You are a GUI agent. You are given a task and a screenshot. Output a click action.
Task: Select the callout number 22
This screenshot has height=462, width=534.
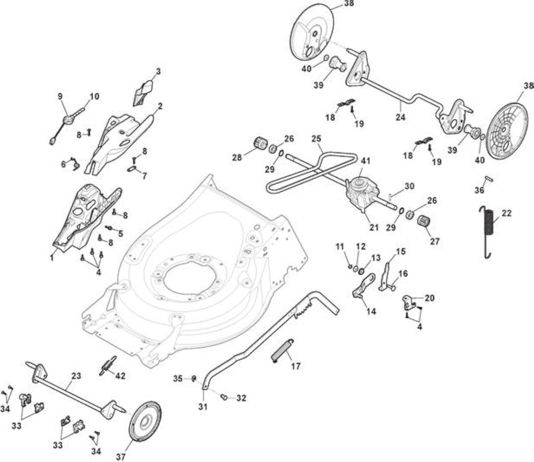click(x=507, y=213)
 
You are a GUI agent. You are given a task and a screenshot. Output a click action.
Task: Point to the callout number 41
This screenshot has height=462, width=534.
click(x=366, y=161)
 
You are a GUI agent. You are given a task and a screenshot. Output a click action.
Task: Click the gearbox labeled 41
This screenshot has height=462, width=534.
click(x=360, y=196)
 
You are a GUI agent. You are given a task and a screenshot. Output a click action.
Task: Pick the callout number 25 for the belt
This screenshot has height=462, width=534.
click(x=316, y=139)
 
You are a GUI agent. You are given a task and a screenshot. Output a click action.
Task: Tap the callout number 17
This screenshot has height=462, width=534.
click(x=296, y=366)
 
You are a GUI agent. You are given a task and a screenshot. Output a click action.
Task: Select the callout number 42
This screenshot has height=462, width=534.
click(x=120, y=376)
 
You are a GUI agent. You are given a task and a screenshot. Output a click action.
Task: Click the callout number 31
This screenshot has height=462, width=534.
click(x=203, y=407)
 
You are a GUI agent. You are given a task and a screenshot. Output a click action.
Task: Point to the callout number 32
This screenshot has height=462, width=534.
click(x=241, y=398)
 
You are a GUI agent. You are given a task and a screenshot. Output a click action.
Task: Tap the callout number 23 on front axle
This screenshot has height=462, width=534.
click(x=76, y=376)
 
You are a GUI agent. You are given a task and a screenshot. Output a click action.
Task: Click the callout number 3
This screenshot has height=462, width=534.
click(x=158, y=72)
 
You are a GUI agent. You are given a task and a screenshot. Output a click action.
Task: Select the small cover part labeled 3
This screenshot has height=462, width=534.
click(x=143, y=92)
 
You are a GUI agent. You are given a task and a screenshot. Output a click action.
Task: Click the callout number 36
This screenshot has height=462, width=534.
click(x=479, y=190)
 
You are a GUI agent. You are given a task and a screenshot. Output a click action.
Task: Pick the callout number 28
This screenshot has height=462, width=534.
click(x=237, y=158)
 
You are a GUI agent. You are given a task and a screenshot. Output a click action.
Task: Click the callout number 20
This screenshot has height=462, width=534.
click(x=430, y=298)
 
